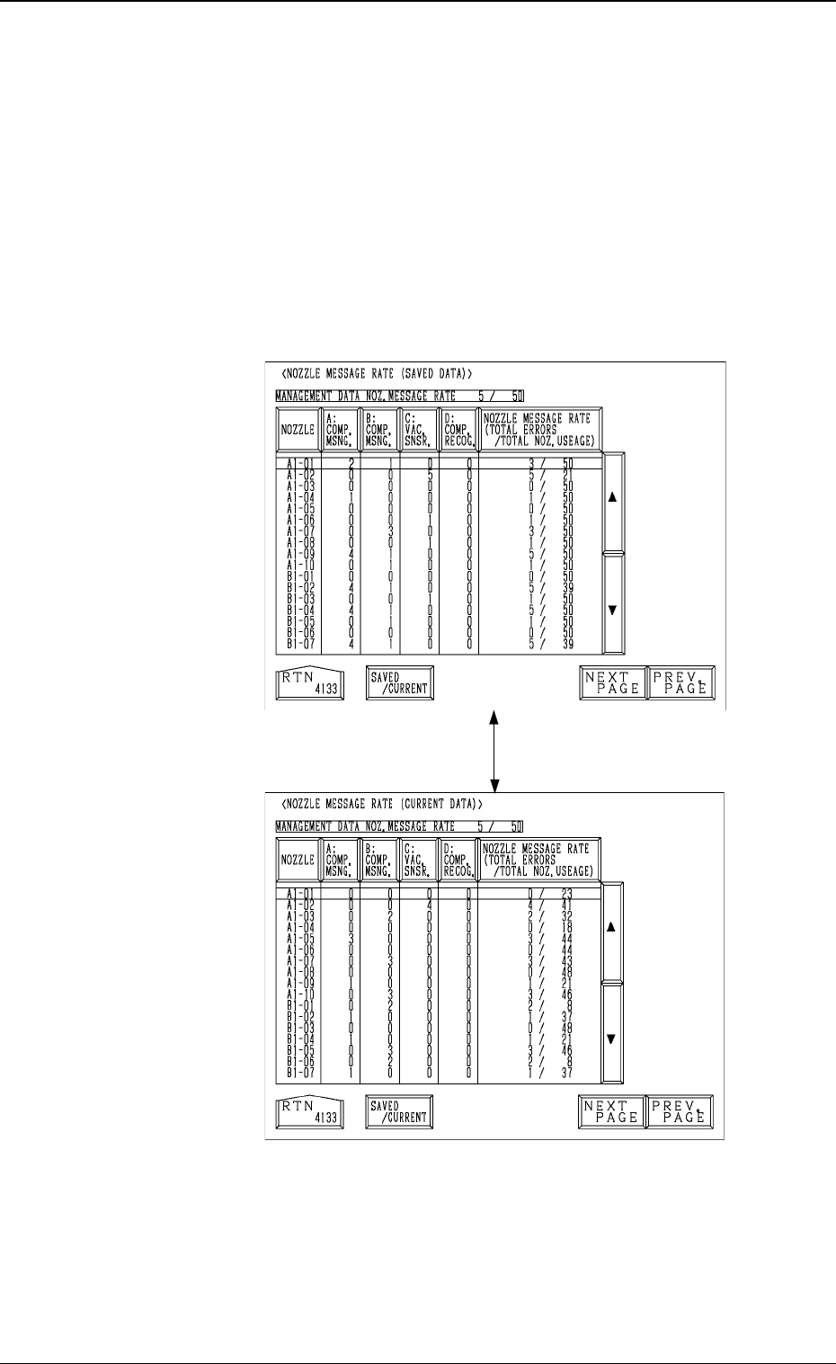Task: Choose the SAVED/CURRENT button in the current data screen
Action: [399, 1113]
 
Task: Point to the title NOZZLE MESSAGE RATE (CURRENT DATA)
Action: [383, 802]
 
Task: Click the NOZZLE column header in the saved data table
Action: [298, 430]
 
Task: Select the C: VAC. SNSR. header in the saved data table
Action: [417, 430]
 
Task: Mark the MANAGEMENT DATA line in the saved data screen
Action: [399, 396]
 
